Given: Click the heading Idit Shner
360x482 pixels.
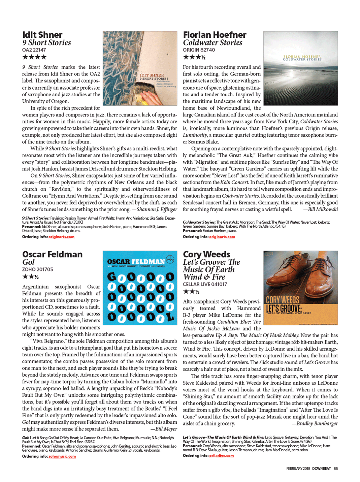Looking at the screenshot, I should [42, 35].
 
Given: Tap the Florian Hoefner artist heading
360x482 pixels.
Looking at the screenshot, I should [215, 35].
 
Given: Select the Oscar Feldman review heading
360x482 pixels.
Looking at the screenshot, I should [52, 254].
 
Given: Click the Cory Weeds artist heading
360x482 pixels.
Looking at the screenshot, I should [206, 254].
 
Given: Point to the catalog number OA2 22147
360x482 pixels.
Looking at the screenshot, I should [34, 50].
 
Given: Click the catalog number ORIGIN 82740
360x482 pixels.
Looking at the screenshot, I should [199, 50].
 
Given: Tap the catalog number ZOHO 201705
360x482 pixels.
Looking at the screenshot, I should [37, 269].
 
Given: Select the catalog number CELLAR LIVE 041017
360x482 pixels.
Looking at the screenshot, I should [205, 284].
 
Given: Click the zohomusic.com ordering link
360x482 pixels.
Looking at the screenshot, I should [62, 456].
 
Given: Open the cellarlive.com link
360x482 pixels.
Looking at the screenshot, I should [221, 456].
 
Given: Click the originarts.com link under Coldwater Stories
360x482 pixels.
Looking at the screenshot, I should [222, 237].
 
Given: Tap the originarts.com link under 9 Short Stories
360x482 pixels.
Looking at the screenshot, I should [61, 237].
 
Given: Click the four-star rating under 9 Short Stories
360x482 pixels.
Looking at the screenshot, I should [34, 57].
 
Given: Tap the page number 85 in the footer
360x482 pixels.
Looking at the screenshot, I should [336, 469].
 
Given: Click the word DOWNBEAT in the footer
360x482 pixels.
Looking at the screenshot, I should [321, 469].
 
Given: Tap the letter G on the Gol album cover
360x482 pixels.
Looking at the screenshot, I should [112, 277].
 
